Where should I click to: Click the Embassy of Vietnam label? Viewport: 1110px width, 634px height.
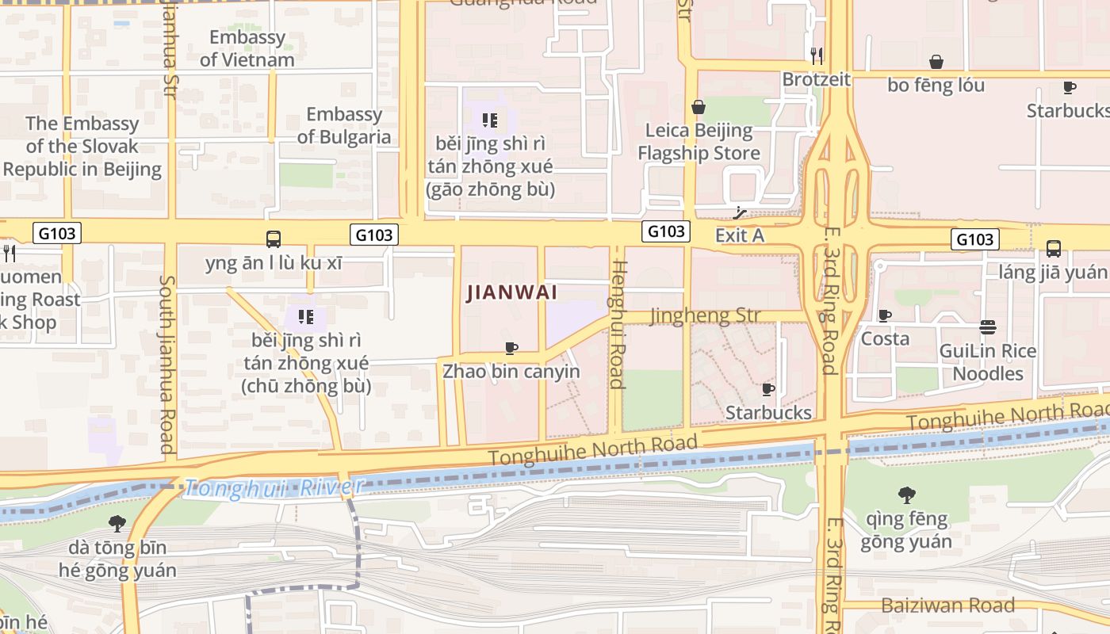[x=247, y=48]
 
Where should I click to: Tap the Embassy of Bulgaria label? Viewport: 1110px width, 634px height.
[x=344, y=125]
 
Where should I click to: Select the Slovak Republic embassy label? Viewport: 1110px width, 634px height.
[x=82, y=146]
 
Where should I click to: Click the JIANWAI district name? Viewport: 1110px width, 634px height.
[x=511, y=292]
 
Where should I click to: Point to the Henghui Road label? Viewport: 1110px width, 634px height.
[x=618, y=325]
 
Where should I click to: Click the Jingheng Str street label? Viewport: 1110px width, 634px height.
[x=705, y=315]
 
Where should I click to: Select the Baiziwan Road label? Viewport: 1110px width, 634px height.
[x=947, y=605]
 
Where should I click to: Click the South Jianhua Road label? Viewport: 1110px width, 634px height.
[x=166, y=364]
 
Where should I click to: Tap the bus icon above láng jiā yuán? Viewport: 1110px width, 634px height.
[x=1053, y=249]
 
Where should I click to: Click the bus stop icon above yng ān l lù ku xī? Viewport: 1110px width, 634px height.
[x=274, y=239]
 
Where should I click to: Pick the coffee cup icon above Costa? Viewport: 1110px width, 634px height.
[x=885, y=315]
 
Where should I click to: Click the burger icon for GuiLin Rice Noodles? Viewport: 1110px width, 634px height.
[x=987, y=327]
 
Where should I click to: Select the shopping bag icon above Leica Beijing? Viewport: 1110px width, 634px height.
[x=699, y=107]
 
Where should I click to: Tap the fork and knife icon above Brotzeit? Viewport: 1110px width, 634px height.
[x=816, y=55]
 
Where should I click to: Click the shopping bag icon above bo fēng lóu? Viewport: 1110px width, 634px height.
[x=936, y=62]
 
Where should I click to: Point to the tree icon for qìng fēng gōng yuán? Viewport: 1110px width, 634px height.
[x=906, y=496]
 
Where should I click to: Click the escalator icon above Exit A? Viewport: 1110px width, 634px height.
[x=740, y=213]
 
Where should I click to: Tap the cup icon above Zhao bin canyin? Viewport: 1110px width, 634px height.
[x=511, y=348]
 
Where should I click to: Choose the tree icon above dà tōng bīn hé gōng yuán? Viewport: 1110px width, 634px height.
[x=117, y=523]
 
